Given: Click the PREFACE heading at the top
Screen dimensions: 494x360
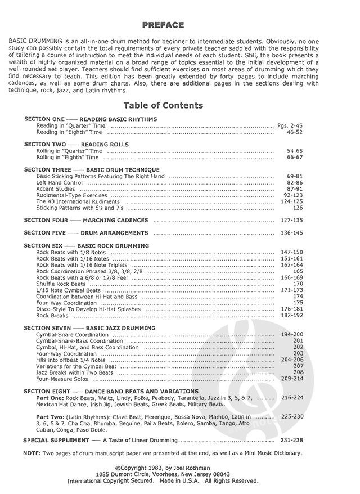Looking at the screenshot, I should [x=163, y=25].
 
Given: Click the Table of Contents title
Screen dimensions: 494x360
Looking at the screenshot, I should [x=163, y=105].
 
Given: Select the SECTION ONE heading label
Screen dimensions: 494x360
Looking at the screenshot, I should [x=44, y=119].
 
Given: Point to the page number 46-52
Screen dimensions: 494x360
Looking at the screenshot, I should [x=295, y=132].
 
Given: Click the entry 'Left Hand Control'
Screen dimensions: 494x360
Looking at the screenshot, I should [x=60, y=183].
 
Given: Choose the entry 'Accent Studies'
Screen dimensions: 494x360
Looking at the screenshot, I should [x=55, y=189].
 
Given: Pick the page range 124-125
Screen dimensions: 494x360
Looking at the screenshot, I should [x=291, y=201].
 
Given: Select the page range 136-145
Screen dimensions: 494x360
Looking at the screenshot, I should [x=291, y=233].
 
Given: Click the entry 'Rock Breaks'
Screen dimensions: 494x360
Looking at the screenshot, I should [x=52, y=316].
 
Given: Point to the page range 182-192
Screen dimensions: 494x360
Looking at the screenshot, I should [x=291, y=316].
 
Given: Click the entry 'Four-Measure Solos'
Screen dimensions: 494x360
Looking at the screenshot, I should [x=62, y=378].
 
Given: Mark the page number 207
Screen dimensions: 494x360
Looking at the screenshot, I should [x=298, y=366].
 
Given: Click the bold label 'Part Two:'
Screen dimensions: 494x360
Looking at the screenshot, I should [x=49, y=416].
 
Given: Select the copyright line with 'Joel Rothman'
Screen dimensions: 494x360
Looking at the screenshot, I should [x=163, y=468].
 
